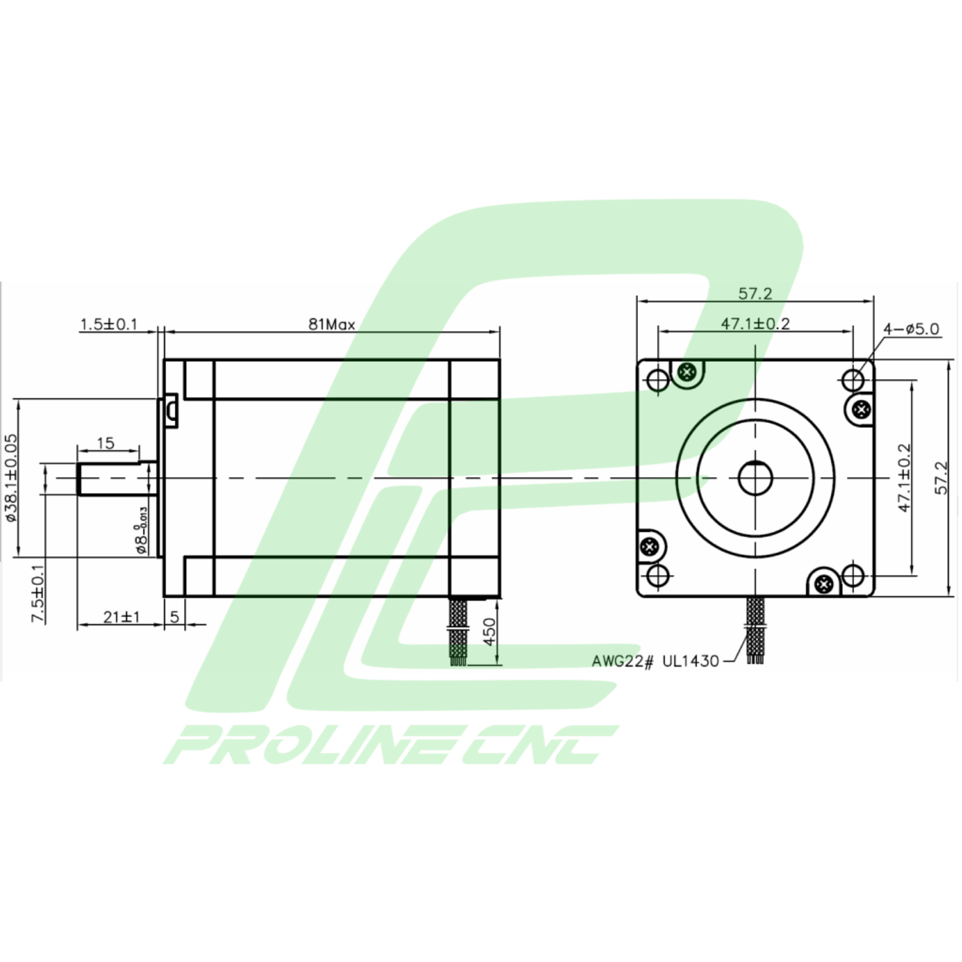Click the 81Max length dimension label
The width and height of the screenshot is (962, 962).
point(331,324)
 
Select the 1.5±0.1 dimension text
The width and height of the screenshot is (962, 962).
point(109,324)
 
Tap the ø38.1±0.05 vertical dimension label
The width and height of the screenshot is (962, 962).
point(11,478)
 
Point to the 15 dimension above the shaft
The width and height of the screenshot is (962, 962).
point(106,443)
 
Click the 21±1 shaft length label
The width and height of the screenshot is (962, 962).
point(122,617)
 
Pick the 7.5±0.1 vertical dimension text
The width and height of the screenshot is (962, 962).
point(38,594)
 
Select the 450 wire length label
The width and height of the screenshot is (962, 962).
point(489,632)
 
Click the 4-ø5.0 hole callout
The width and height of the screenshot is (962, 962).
point(911,329)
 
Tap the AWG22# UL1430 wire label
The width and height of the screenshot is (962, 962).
point(655,661)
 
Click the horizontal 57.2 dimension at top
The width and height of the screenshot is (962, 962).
point(755,293)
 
